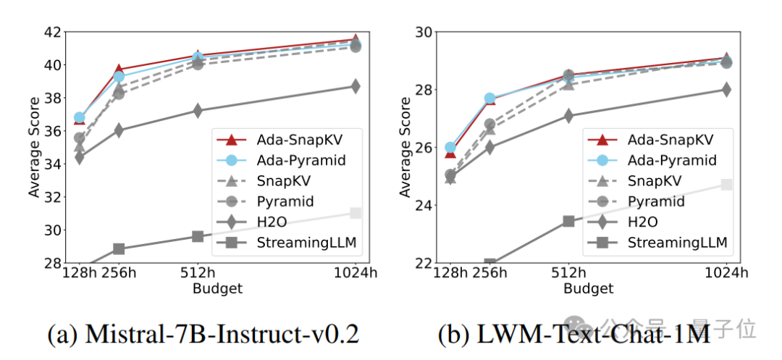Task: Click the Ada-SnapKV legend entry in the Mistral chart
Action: [x=290, y=138]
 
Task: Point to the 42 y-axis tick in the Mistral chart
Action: [x=52, y=32]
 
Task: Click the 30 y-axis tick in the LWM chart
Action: [x=421, y=32]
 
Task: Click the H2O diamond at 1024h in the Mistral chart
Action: [x=355, y=86]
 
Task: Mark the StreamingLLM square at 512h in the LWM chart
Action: [x=568, y=221]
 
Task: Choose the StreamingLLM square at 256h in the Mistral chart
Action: [x=119, y=249]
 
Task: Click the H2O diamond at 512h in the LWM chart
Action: [x=568, y=115]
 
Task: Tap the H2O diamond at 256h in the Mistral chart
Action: [x=119, y=130]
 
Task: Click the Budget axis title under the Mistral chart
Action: [x=217, y=288]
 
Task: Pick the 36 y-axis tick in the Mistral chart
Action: [x=52, y=131]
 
